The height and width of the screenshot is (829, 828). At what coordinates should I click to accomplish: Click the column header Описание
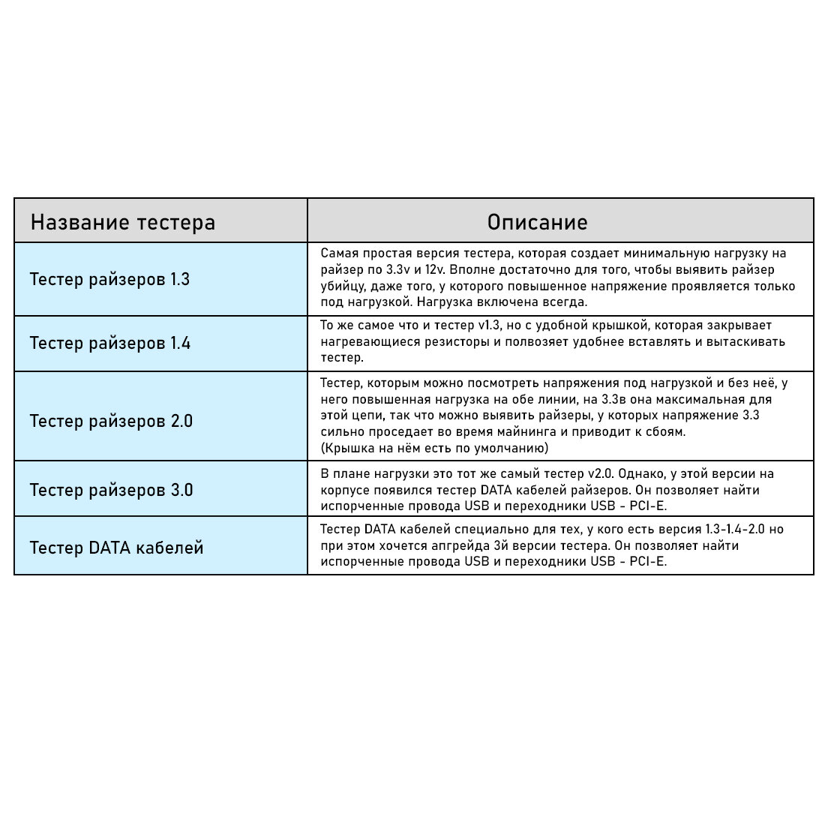click(x=537, y=222)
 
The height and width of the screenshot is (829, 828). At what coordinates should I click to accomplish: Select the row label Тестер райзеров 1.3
click(x=109, y=279)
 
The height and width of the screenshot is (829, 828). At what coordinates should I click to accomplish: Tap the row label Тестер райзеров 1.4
click(x=109, y=343)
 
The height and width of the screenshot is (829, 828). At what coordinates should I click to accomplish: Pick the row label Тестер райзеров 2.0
click(x=111, y=421)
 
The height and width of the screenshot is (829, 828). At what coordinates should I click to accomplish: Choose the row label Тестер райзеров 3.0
click(x=111, y=490)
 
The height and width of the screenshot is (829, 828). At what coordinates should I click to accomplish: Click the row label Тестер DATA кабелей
click(x=116, y=548)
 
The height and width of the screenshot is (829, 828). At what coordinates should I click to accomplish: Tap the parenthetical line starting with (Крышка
click(x=434, y=448)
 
